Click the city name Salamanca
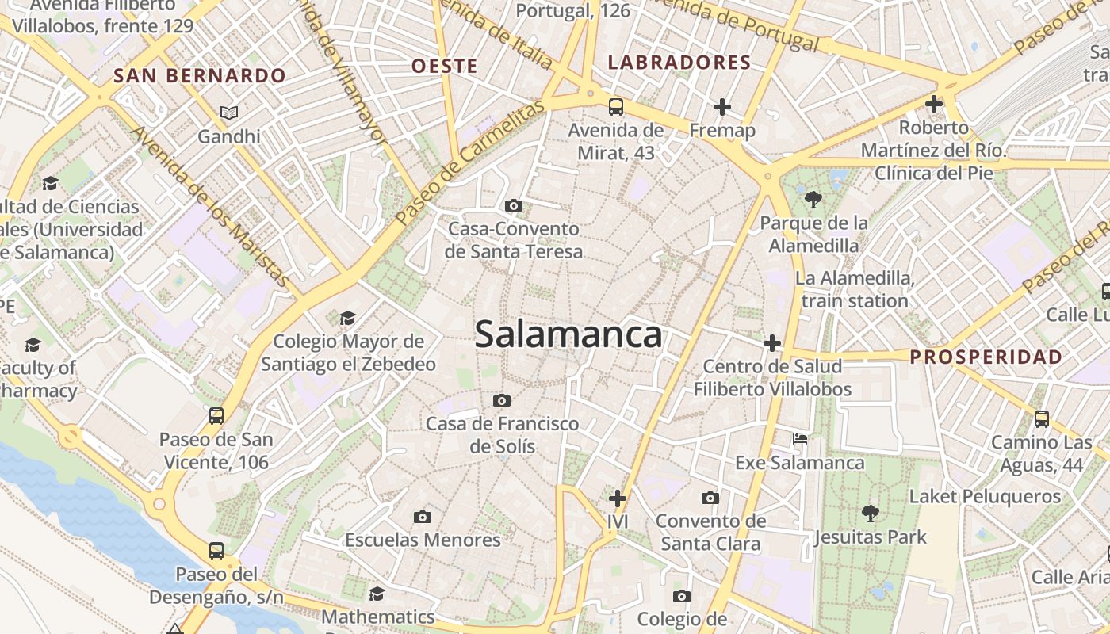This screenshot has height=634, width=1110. click(x=568, y=335)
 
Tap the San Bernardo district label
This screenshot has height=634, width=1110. click(x=199, y=76)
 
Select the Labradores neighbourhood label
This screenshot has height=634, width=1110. click(x=679, y=63)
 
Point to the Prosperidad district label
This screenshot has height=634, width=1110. click(x=986, y=357)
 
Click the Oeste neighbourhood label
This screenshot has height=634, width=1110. click(x=444, y=66)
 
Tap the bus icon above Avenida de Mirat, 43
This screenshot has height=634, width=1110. click(x=615, y=107)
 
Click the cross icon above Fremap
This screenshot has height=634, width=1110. click(x=721, y=106)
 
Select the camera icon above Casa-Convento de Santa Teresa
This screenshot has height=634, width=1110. click(x=514, y=206)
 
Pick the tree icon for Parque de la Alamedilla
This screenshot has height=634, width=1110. click(x=813, y=199)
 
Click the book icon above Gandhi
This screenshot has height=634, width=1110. click(x=229, y=113)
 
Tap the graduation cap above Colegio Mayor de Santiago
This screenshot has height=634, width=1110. click(x=347, y=319)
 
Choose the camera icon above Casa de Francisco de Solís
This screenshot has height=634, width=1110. click(x=502, y=400)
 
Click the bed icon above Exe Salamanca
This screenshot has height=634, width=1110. click(x=800, y=439)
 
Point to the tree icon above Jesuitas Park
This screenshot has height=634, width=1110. click(x=870, y=514)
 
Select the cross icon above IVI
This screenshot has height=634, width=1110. click(x=617, y=498)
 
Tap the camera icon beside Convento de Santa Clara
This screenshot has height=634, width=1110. click(x=710, y=498)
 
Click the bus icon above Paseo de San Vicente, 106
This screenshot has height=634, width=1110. click(x=216, y=416)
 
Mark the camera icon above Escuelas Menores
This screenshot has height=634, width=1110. click(x=423, y=517)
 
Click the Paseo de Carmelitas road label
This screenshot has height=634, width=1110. click(x=469, y=162)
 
